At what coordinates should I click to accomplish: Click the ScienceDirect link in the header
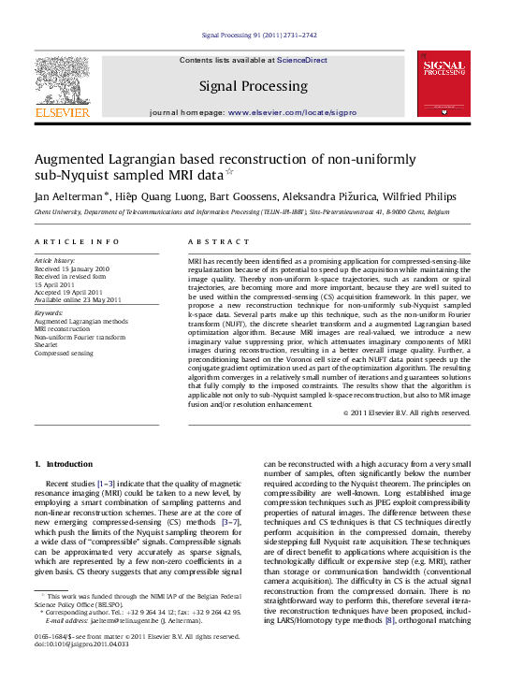coord(301,60)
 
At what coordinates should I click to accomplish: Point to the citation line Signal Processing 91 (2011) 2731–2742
coord(259,36)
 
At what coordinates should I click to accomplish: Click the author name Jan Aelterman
coord(69,196)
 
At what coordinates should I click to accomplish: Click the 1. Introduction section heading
coord(64,464)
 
